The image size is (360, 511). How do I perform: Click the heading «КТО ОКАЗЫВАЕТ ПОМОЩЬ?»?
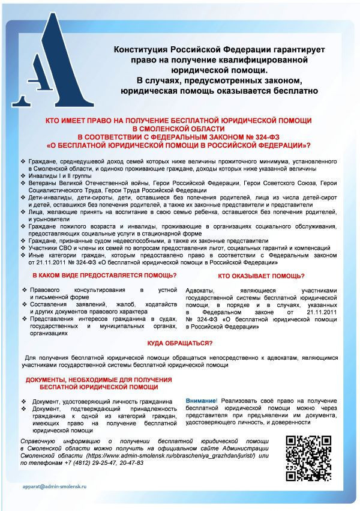pos(261,276)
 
